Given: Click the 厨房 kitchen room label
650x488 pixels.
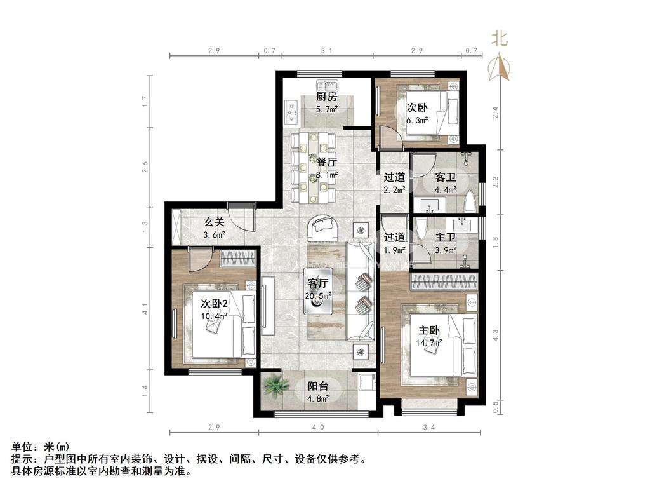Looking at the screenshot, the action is point(327,97).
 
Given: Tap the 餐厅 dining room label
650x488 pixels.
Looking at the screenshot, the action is point(326,162).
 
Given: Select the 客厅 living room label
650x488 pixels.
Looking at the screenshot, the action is point(318,283).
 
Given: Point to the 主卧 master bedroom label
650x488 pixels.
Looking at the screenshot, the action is point(428,330).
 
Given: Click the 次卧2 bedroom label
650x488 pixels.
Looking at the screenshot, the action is point(214,303).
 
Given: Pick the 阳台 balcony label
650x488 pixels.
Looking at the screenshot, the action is point(318,386).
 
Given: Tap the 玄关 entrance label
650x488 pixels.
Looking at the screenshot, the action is point(214,222).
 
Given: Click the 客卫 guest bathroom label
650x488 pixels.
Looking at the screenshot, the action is point(446,178).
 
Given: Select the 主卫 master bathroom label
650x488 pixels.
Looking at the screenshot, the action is point(446,238).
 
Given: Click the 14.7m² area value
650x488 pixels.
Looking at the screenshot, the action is point(429,342).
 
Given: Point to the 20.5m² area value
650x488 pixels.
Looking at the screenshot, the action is point(319,296).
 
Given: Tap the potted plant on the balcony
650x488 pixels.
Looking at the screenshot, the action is point(275,386).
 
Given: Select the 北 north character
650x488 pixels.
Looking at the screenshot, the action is point(500,39).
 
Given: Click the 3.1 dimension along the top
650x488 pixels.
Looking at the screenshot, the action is point(327,51).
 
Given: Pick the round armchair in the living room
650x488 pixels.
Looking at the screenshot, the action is point(324,227).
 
